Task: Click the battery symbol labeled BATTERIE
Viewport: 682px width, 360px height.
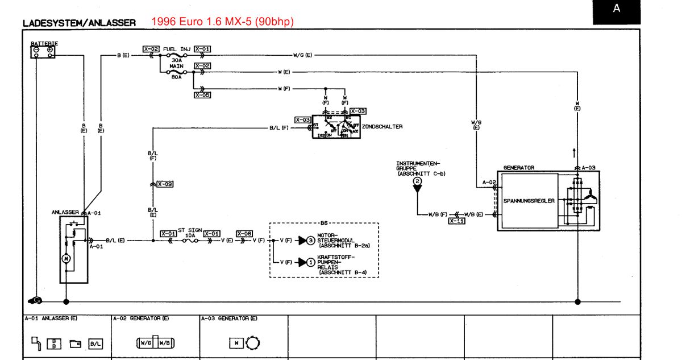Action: pyautogui.click(x=43, y=51)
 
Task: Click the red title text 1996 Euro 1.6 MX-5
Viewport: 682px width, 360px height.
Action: pyautogui.click(x=222, y=22)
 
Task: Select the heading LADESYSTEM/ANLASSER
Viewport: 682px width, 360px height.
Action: pyautogui.click(x=79, y=23)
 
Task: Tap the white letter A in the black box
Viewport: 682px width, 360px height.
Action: pyautogui.click(x=617, y=9)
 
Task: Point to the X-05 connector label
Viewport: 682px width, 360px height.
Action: pyautogui.click(x=202, y=95)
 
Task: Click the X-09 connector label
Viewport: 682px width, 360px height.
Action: pyautogui.click(x=165, y=184)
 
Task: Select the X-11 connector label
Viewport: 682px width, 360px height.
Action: pyautogui.click(x=456, y=221)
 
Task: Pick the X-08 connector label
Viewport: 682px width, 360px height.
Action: pyautogui.click(x=244, y=234)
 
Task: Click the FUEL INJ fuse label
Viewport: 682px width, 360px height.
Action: pyautogui.click(x=176, y=49)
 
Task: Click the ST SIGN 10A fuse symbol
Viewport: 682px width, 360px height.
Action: pyautogui.click(x=189, y=241)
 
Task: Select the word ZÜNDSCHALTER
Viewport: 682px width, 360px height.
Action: pyautogui.click(x=382, y=127)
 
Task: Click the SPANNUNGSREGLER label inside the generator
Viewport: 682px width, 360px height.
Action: pyautogui.click(x=529, y=201)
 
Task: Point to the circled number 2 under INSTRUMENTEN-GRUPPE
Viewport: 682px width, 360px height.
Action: pyautogui.click(x=418, y=181)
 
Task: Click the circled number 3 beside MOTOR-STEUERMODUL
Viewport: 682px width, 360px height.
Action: pyautogui.click(x=310, y=241)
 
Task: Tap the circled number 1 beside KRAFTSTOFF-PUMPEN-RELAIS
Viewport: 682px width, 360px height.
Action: pyautogui.click(x=310, y=262)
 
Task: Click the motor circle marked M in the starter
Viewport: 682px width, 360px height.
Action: pyautogui.click(x=65, y=259)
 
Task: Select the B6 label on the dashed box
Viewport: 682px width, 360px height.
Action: pyautogui.click(x=325, y=224)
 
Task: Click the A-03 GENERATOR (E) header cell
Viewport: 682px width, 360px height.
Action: pyautogui.click(x=228, y=318)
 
